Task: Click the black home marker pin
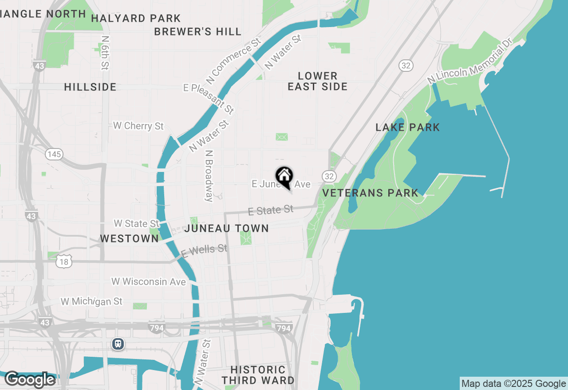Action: (284, 176)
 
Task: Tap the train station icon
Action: (118, 344)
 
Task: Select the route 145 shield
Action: (54, 154)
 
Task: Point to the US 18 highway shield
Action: (64, 262)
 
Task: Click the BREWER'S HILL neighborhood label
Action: (198, 32)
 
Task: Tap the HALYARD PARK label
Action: (136, 19)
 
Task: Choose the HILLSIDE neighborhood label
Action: (90, 87)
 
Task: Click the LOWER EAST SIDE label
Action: (318, 82)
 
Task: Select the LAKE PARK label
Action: (408, 128)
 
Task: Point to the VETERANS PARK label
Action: (370, 193)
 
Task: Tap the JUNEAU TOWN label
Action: (226, 229)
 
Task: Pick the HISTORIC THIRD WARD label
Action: (258, 375)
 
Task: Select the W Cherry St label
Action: (138, 126)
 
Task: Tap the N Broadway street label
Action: (209, 176)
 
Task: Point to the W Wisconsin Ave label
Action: (149, 282)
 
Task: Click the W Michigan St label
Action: (91, 302)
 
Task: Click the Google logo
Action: (30, 380)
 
